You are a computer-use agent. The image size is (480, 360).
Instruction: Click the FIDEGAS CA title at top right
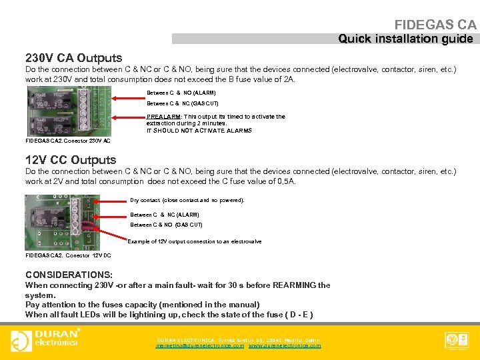pos(435,25)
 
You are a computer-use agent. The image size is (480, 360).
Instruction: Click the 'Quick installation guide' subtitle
pos(405,39)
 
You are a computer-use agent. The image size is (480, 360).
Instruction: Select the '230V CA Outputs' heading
pos(73,58)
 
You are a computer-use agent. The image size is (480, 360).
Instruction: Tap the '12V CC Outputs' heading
pos(71,160)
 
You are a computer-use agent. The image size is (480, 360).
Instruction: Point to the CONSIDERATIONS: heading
pos(69,275)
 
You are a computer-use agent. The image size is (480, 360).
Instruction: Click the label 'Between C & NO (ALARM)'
pos(181,93)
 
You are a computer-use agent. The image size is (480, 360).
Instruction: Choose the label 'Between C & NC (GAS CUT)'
pos(182,103)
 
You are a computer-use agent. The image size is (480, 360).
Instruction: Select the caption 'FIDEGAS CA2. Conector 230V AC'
pos(68,141)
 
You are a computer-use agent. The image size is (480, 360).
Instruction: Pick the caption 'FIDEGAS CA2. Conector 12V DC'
pos(68,255)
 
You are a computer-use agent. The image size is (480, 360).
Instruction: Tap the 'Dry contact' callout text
pos(187,200)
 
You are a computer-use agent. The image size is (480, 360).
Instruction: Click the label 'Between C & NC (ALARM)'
pos(165,215)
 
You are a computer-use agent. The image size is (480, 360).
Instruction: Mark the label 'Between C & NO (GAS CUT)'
pos(166,225)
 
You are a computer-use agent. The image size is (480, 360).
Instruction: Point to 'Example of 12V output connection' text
pos(195,241)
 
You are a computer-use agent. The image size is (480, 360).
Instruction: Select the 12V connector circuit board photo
pos(62,222)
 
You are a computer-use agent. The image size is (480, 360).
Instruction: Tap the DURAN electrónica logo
pos(46,339)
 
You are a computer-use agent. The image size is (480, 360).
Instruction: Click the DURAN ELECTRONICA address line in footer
pos(238,340)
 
